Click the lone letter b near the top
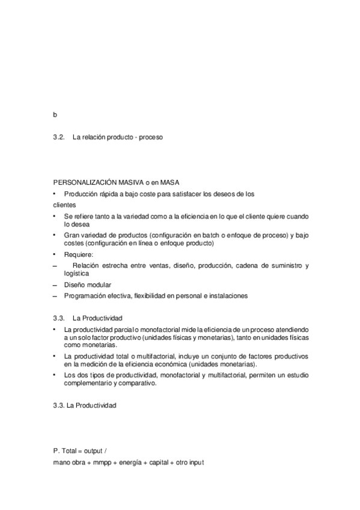55,114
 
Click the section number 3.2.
58,137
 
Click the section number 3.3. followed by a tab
58,318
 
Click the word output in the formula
93,450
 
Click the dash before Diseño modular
55,284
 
